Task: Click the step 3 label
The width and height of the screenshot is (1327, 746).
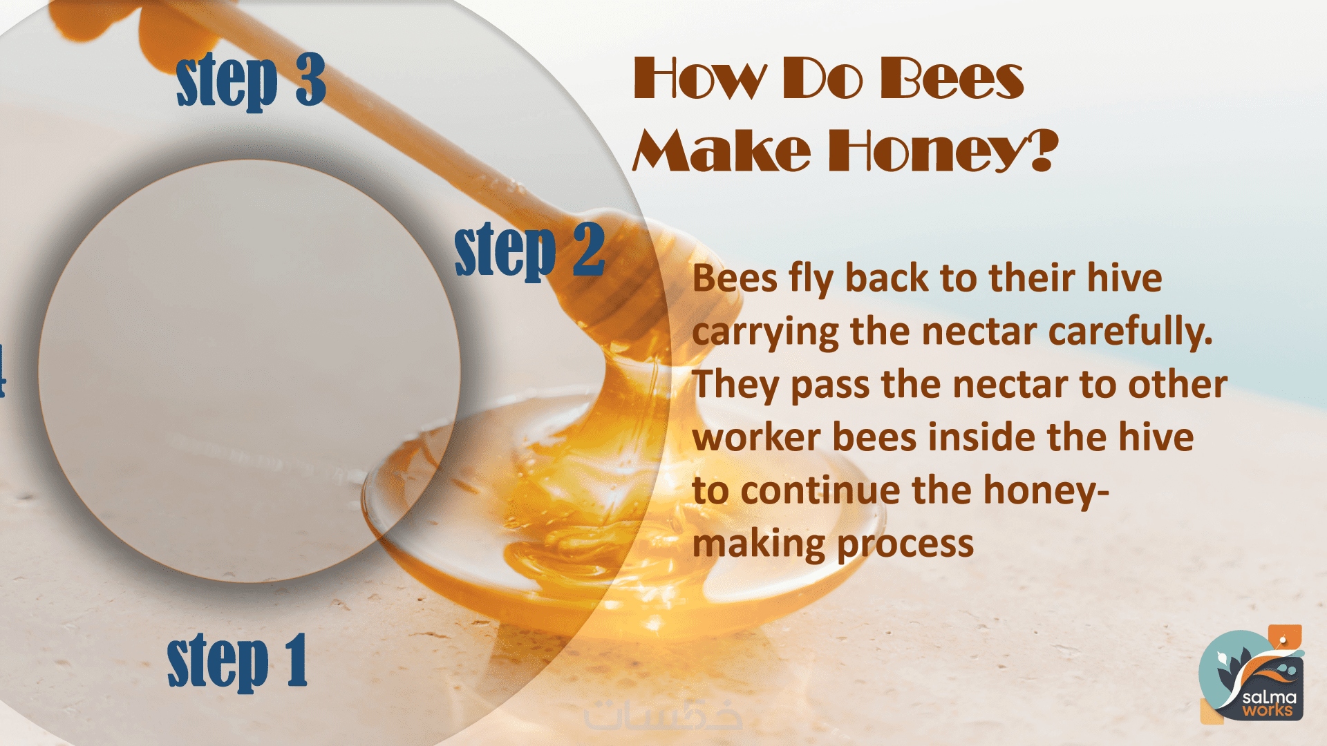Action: click(251, 81)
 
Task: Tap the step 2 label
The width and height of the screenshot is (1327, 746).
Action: click(530, 250)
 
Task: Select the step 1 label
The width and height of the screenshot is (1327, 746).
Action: click(237, 661)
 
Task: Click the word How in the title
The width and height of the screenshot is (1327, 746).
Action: click(699, 79)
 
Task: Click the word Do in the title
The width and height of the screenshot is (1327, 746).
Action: click(822, 79)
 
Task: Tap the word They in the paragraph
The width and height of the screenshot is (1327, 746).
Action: click(735, 385)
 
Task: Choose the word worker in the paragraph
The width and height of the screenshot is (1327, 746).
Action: click(757, 438)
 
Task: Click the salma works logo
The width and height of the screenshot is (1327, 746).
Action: click(1252, 675)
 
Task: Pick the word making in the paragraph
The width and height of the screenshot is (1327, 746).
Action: click(759, 544)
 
